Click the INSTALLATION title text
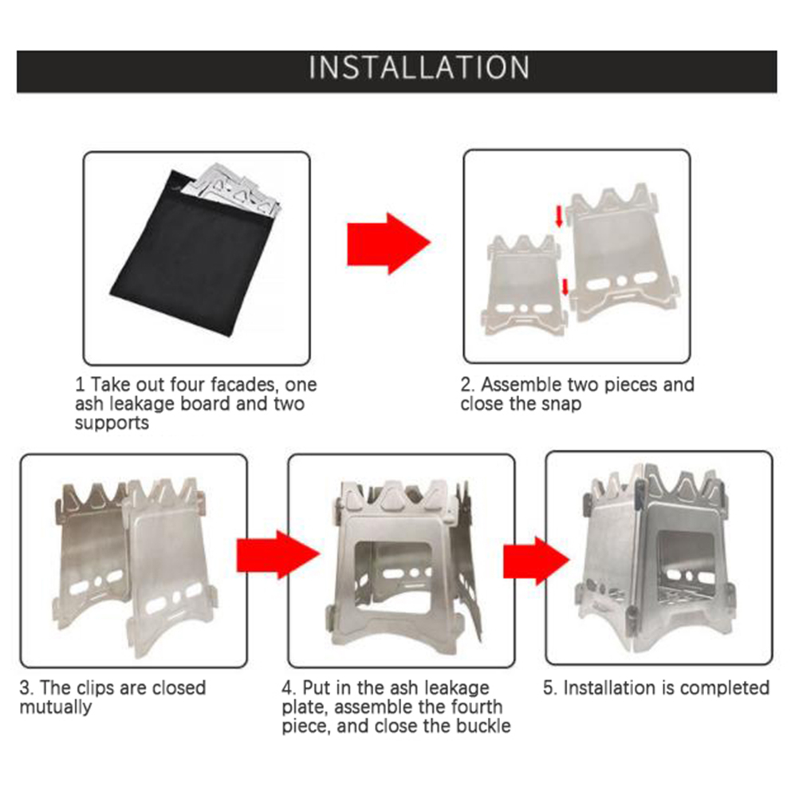[x=419, y=68]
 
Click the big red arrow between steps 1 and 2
[x=389, y=243]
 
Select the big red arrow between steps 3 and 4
[x=278, y=554]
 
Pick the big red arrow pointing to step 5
[x=537, y=561]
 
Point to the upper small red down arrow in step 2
[x=560, y=216]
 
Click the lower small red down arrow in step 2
[x=565, y=287]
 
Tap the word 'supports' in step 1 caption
[x=112, y=423]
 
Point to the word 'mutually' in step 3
[x=56, y=707]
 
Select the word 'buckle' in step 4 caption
[x=483, y=726]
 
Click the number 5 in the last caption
[x=549, y=688]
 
